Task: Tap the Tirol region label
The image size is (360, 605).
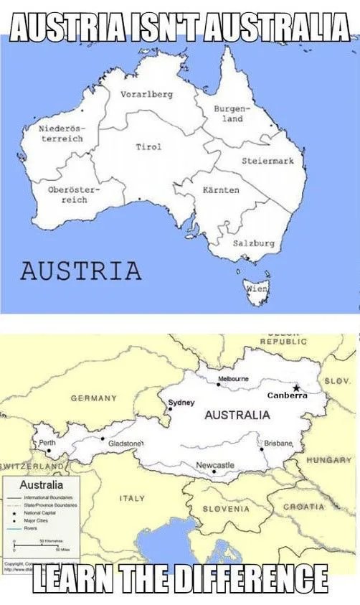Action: tap(148, 146)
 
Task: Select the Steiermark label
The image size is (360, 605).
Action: tap(267, 161)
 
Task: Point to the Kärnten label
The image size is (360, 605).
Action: tap(221, 190)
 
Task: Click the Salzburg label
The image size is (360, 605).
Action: tap(254, 243)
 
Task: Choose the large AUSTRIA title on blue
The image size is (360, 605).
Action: tap(80, 271)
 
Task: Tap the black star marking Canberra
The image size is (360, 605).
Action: tap(296, 388)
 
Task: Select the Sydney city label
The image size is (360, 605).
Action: tap(181, 402)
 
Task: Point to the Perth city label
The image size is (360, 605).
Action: tap(48, 443)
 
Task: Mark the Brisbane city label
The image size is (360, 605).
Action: tap(278, 443)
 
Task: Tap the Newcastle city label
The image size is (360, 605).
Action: tap(215, 466)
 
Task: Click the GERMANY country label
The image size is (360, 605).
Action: tap(93, 398)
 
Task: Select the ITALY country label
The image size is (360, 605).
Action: tap(133, 497)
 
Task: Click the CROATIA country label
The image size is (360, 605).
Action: tap(305, 507)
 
